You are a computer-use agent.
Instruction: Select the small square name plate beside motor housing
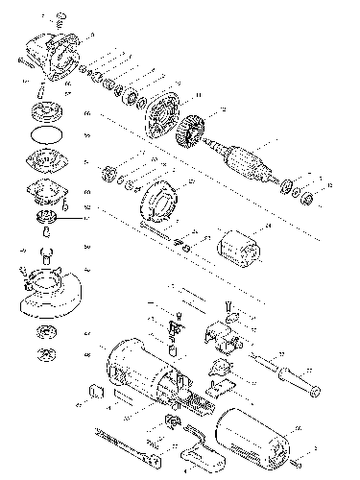click(x=96, y=391)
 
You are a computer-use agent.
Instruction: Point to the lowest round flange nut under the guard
click(x=46, y=359)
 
